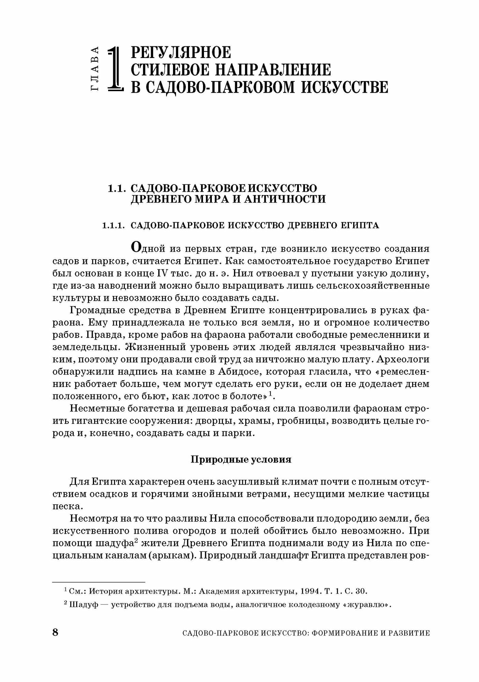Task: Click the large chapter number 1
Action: click(115, 69)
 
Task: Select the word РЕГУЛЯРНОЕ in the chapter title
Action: click(181, 53)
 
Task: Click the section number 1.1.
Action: click(118, 189)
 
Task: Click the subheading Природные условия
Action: click(241, 460)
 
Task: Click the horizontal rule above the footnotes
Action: click(99, 582)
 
